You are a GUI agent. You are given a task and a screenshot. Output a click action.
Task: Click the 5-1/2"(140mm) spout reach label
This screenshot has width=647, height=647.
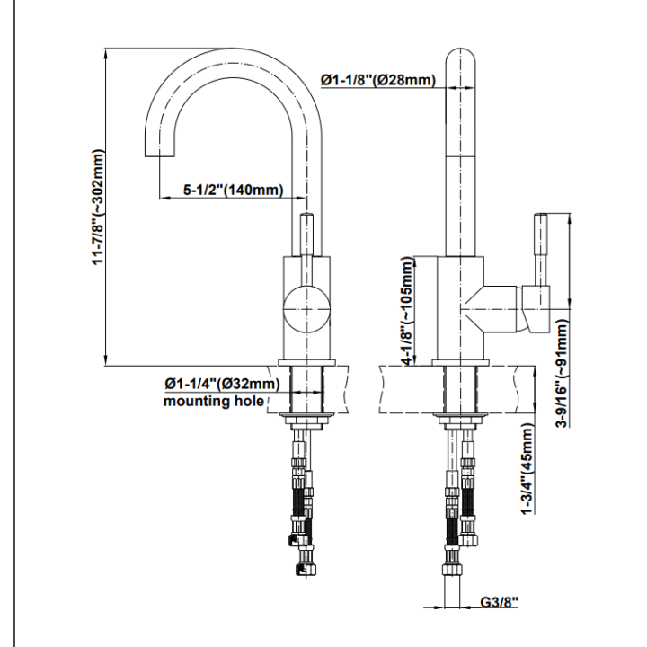(x=234, y=190)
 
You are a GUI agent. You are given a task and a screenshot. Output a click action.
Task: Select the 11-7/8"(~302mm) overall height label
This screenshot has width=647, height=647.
(x=99, y=207)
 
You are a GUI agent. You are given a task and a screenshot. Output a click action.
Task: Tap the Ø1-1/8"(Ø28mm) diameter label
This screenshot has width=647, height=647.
(x=378, y=79)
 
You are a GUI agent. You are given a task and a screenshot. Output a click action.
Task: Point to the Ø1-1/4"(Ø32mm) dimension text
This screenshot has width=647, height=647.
(x=222, y=384)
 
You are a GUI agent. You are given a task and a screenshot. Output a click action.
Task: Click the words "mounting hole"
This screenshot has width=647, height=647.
(x=214, y=401)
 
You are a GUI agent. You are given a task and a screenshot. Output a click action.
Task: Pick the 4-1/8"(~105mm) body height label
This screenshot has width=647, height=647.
(x=407, y=311)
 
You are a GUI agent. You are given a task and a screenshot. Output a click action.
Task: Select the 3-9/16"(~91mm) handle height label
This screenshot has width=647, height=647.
(x=562, y=374)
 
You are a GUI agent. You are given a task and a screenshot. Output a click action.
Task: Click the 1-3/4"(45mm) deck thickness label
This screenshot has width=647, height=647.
(x=527, y=469)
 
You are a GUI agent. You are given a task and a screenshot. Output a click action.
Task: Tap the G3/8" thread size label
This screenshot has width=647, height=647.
(x=499, y=602)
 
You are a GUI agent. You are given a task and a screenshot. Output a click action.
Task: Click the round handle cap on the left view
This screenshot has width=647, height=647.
(x=306, y=308)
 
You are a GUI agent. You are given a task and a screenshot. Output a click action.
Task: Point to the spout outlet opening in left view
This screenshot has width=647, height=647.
(x=159, y=156)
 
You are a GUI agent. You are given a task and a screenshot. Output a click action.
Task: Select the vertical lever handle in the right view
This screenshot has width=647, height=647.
(x=541, y=249)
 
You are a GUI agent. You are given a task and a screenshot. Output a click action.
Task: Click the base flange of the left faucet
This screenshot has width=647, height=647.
(x=307, y=363)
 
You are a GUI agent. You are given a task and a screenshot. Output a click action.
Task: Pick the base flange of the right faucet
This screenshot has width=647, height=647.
(x=460, y=363)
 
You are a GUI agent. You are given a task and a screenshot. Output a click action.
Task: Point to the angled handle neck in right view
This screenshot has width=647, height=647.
(x=490, y=308)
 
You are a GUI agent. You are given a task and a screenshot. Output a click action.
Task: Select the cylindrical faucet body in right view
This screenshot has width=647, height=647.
(x=460, y=308)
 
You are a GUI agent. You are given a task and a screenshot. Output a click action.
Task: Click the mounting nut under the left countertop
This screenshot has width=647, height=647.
(x=306, y=421)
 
